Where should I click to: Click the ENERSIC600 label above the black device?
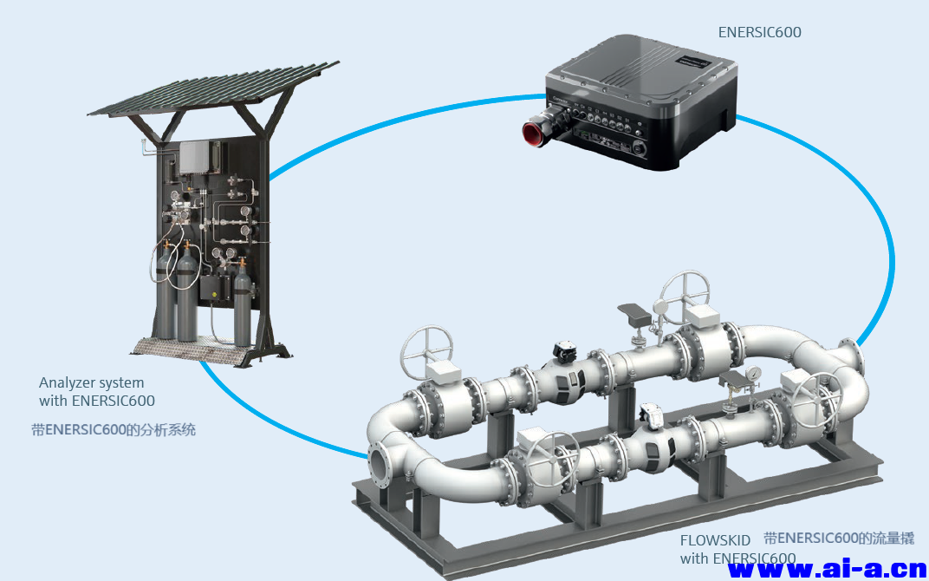click(x=759, y=32)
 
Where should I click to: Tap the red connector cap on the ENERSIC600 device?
click(x=531, y=133)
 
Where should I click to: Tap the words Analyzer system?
click(x=92, y=382)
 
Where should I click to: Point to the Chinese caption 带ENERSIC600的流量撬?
click(x=838, y=539)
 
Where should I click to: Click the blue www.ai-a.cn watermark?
click(x=828, y=570)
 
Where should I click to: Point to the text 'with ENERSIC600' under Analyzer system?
click(x=97, y=401)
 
